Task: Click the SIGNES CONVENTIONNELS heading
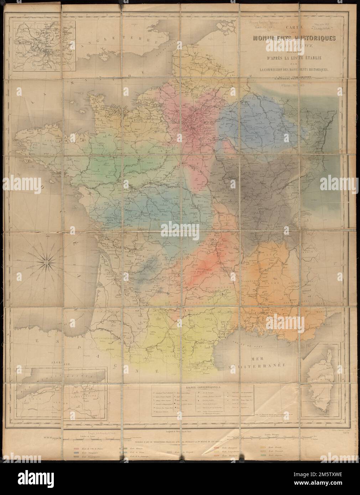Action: point(202,386)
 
